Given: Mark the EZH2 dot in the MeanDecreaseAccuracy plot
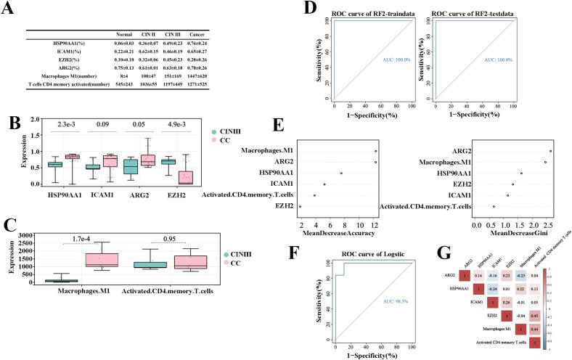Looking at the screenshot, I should click(x=300, y=207).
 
